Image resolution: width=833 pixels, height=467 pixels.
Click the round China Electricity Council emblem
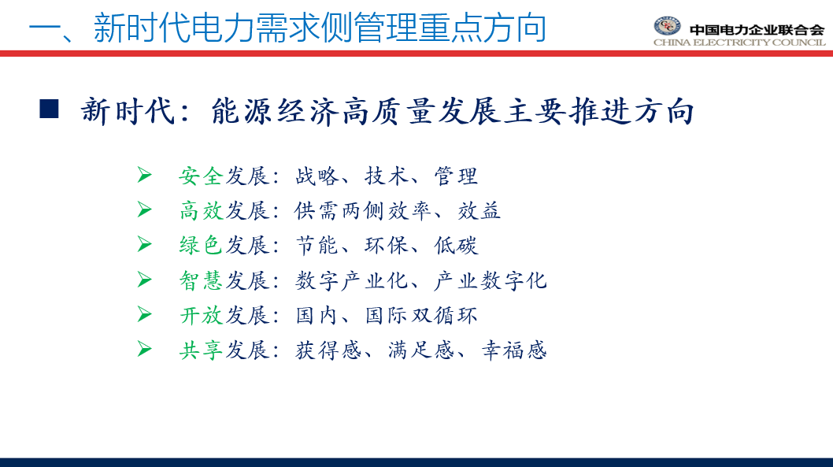click(x=667, y=25)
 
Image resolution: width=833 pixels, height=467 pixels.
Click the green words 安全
click(x=200, y=176)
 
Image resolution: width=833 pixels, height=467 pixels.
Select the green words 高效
click(x=200, y=211)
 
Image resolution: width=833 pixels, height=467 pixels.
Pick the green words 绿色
click(x=200, y=246)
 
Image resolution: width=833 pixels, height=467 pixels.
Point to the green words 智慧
click(x=200, y=280)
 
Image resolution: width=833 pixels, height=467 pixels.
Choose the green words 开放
click(x=200, y=316)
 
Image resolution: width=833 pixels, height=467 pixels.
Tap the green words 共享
click(x=200, y=350)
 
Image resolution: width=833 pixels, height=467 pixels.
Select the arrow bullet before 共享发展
click(x=144, y=349)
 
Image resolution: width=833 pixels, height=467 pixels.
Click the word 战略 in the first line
click(x=317, y=176)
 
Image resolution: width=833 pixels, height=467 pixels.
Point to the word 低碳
click(x=456, y=246)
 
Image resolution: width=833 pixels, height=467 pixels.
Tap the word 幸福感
click(x=513, y=350)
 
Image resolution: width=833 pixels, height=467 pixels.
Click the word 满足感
click(x=420, y=350)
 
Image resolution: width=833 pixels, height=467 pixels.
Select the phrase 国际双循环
click(x=421, y=316)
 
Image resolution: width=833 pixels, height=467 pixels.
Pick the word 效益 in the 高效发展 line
click(x=479, y=211)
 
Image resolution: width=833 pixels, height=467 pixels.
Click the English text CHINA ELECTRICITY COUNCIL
click(x=739, y=43)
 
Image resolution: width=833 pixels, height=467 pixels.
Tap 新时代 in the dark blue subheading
click(x=128, y=112)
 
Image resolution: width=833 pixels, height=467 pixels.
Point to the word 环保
click(x=387, y=246)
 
